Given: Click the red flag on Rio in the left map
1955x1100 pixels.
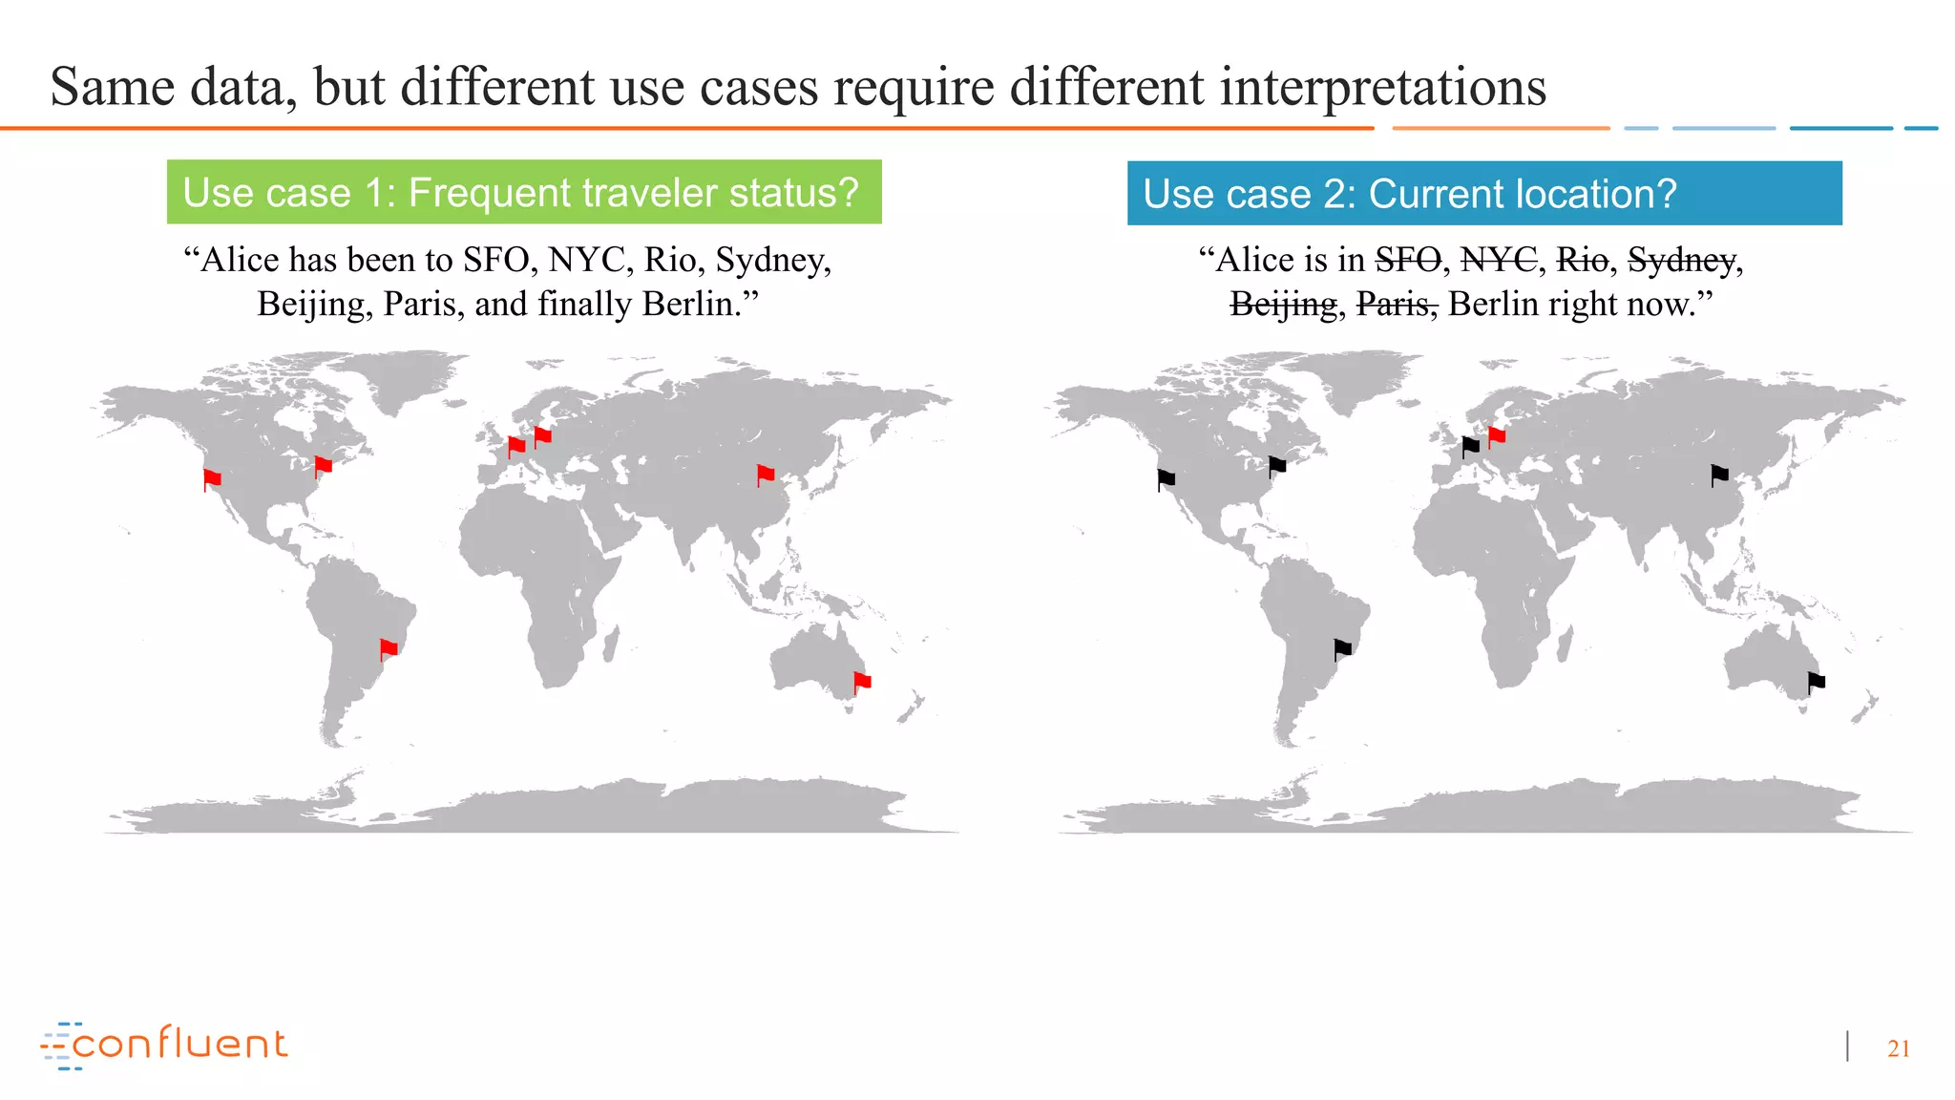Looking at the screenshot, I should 389,649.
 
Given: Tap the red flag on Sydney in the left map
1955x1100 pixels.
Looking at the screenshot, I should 862,682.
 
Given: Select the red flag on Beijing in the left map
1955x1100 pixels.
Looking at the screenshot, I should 766,475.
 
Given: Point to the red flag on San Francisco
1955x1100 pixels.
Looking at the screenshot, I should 212,478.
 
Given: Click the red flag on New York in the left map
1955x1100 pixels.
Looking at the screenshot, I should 324,466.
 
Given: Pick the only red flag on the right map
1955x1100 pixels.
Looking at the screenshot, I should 1497,436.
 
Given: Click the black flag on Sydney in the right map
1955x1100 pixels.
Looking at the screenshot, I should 1817,682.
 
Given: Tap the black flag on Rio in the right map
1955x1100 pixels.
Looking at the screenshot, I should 1342,649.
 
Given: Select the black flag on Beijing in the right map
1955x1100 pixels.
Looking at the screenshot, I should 1719,475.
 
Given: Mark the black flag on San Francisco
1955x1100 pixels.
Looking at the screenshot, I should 1166,478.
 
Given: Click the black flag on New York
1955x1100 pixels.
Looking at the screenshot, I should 1277,466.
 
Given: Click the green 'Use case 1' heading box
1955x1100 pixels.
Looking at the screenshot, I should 524,192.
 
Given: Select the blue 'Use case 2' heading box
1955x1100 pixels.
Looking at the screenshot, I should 1484,193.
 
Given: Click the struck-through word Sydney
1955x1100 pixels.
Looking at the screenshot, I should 1681,260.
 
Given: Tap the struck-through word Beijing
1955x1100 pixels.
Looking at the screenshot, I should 1283,305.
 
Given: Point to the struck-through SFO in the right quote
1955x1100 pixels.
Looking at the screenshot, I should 1408,260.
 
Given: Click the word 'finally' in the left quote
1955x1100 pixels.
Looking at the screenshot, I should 584,305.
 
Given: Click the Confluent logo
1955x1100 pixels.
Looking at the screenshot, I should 164,1045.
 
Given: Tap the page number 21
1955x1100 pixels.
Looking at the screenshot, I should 1898,1048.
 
